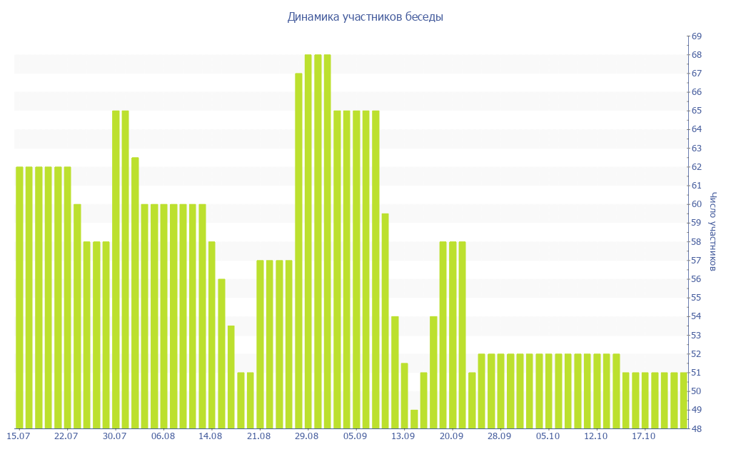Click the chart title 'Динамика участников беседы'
pyautogui.click(x=365, y=17)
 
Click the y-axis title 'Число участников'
pyautogui.click(x=712, y=231)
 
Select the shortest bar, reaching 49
pyautogui.click(x=414, y=419)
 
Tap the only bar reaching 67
pyautogui.click(x=298, y=250)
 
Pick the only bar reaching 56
pyautogui.click(x=221, y=353)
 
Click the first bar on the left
pyautogui.click(x=19, y=297)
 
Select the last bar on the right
pyautogui.click(x=683, y=400)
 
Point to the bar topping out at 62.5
pyautogui.click(x=135, y=293)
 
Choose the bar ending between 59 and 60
pyautogui.click(x=385, y=321)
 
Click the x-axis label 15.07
pyautogui.click(x=18, y=436)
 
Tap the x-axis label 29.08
pyautogui.click(x=307, y=436)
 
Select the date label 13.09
pyautogui.click(x=403, y=436)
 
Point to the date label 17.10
pyautogui.click(x=644, y=436)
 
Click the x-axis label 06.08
pyautogui.click(x=163, y=436)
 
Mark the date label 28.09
pyautogui.click(x=500, y=436)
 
